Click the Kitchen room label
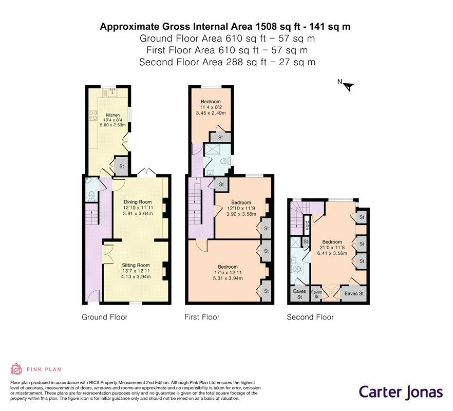coord(112,115)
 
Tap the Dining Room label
coord(138,202)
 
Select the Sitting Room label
coord(136,265)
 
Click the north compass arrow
coord(349,86)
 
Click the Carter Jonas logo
coord(401,392)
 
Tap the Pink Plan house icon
coord(16,369)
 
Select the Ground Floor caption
coord(105,317)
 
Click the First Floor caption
coord(202,317)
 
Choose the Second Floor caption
coord(310,317)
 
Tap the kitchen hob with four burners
coord(93,116)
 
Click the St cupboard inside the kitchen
coord(121,166)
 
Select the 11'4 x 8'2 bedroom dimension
coord(211,107)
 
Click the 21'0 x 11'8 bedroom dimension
coord(332,248)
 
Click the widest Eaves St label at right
coord(354,294)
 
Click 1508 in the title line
coord(265,27)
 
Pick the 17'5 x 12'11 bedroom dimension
coord(228,273)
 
